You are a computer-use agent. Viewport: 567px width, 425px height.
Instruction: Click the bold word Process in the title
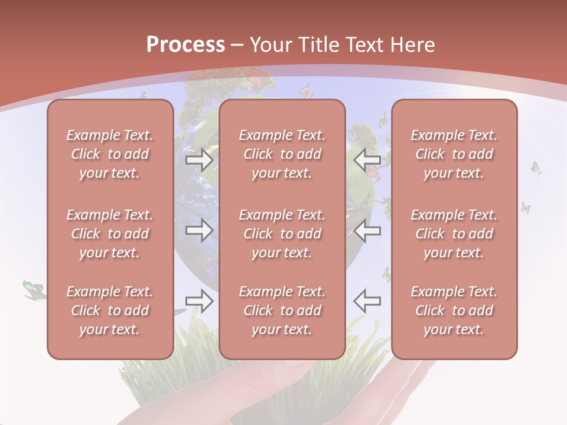tap(185, 45)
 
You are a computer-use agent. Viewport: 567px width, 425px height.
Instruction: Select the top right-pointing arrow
tap(200, 159)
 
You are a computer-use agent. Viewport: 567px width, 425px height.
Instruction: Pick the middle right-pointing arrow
tap(200, 230)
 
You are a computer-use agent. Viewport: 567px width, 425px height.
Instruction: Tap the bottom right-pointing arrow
tap(200, 301)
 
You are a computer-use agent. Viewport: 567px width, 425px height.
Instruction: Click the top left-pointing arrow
tap(367, 159)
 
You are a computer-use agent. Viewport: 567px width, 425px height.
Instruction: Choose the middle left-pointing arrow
tap(367, 230)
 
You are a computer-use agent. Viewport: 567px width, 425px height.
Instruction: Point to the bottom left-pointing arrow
tap(367, 301)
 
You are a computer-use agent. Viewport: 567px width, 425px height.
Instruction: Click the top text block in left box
tap(110, 154)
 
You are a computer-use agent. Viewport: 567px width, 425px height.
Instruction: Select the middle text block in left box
tap(110, 234)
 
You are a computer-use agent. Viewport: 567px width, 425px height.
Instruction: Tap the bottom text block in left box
tap(110, 310)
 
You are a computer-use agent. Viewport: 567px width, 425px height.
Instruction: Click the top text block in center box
tap(282, 154)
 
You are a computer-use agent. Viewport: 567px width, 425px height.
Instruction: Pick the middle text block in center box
tap(282, 234)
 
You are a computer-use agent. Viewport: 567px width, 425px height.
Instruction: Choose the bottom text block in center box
tap(282, 310)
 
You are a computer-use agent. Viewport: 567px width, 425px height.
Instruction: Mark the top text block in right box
tap(454, 154)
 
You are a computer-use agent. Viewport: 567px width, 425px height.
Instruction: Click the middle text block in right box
tap(454, 234)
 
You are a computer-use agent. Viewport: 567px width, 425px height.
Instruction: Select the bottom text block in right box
tap(454, 310)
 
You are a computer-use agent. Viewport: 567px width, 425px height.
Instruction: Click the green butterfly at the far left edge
tap(34, 289)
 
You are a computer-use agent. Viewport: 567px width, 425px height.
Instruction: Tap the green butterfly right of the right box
tap(536, 168)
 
